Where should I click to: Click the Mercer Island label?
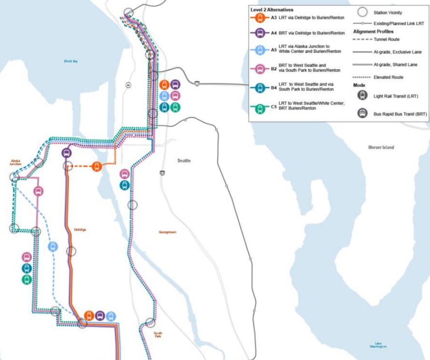(x=381, y=147)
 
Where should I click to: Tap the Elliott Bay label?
(x=71, y=61)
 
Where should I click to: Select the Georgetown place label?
(x=167, y=232)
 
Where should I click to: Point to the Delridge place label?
(x=80, y=230)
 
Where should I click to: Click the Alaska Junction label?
(x=16, y=163)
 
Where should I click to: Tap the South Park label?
(x=158, y=335)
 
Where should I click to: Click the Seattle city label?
(x=184, y=161)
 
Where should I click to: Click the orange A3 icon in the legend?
(x=260, y=18)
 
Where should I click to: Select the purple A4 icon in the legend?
(x=260, y=33)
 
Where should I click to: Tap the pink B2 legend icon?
(x=260, y=69)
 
